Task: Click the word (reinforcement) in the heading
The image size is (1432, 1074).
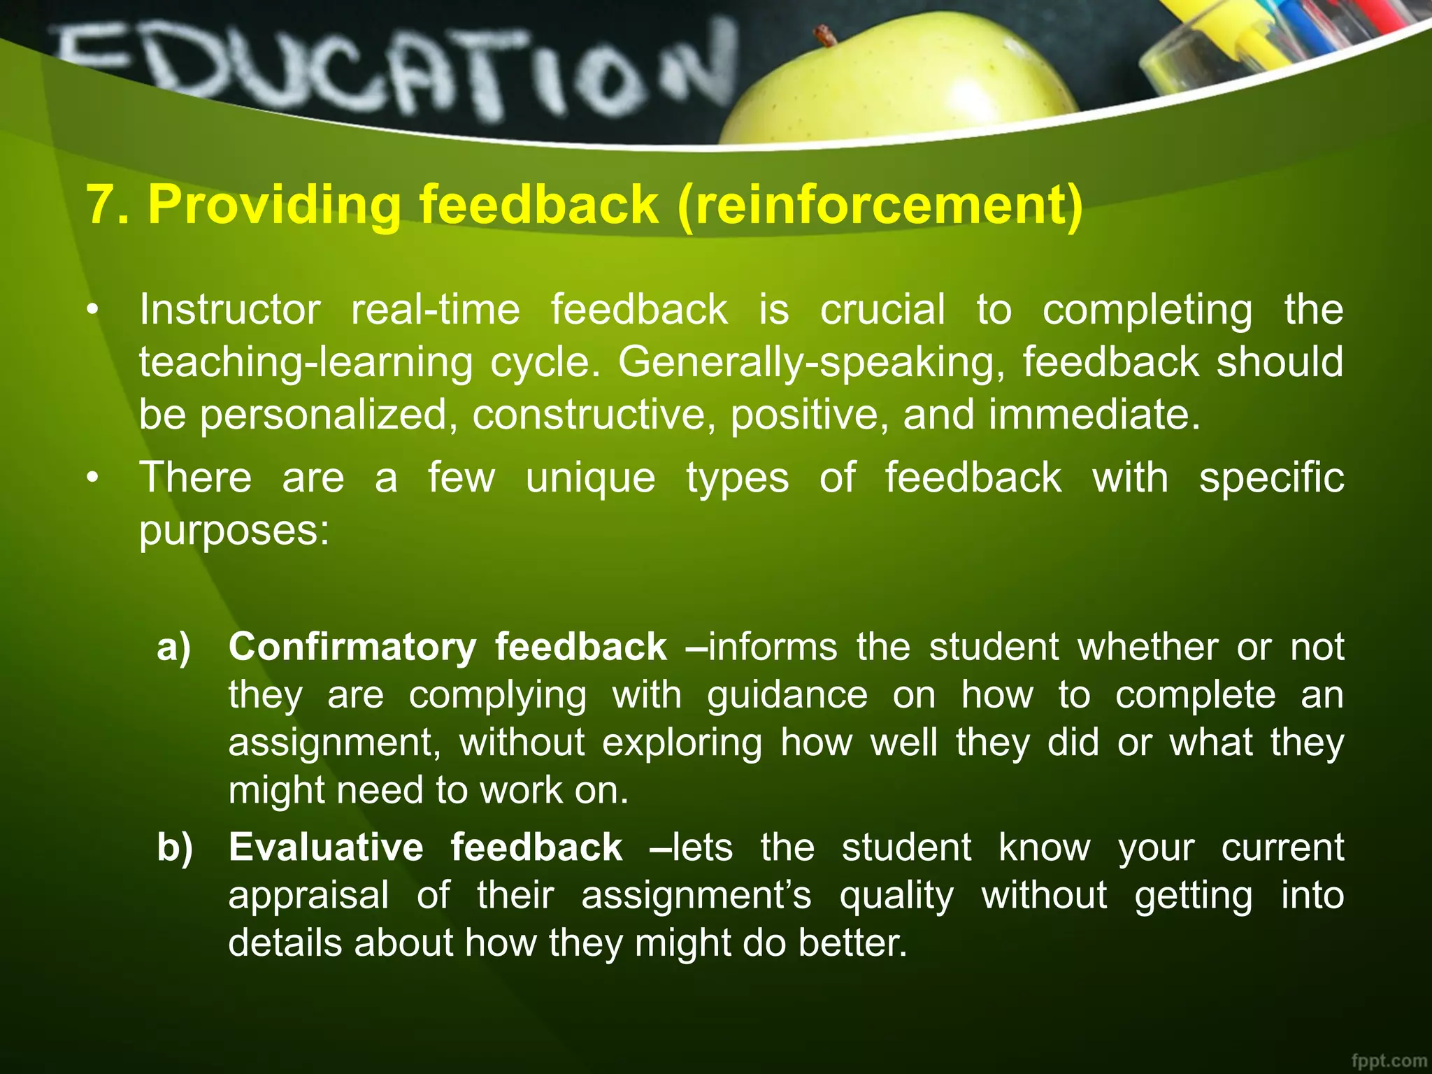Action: pyautogui.click(x=880, y=205)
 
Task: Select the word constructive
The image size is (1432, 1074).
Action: pyautogui.click(x=594, y=415)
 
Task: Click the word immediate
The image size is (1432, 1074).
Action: pyautogui.click(x=1094, y=415)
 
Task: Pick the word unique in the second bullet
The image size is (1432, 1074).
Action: pyautogui.click(x=590, y=478)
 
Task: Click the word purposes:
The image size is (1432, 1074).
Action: pyautogui.click(x=234, y=531)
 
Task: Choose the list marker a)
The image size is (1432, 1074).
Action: pyautogui.click(x=174, y=647)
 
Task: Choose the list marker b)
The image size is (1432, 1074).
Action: pyautogui.click(x=175, y=847)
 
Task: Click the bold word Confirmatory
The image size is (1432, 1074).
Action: pyautogui.click(x=352, y=647)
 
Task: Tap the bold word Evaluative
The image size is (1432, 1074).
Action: pyautogui.click(x=326, y=847)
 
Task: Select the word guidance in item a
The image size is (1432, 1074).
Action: pyautogui.click(x=787, y=696)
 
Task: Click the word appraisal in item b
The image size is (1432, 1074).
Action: pyautogui.click(x=308, y=896)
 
